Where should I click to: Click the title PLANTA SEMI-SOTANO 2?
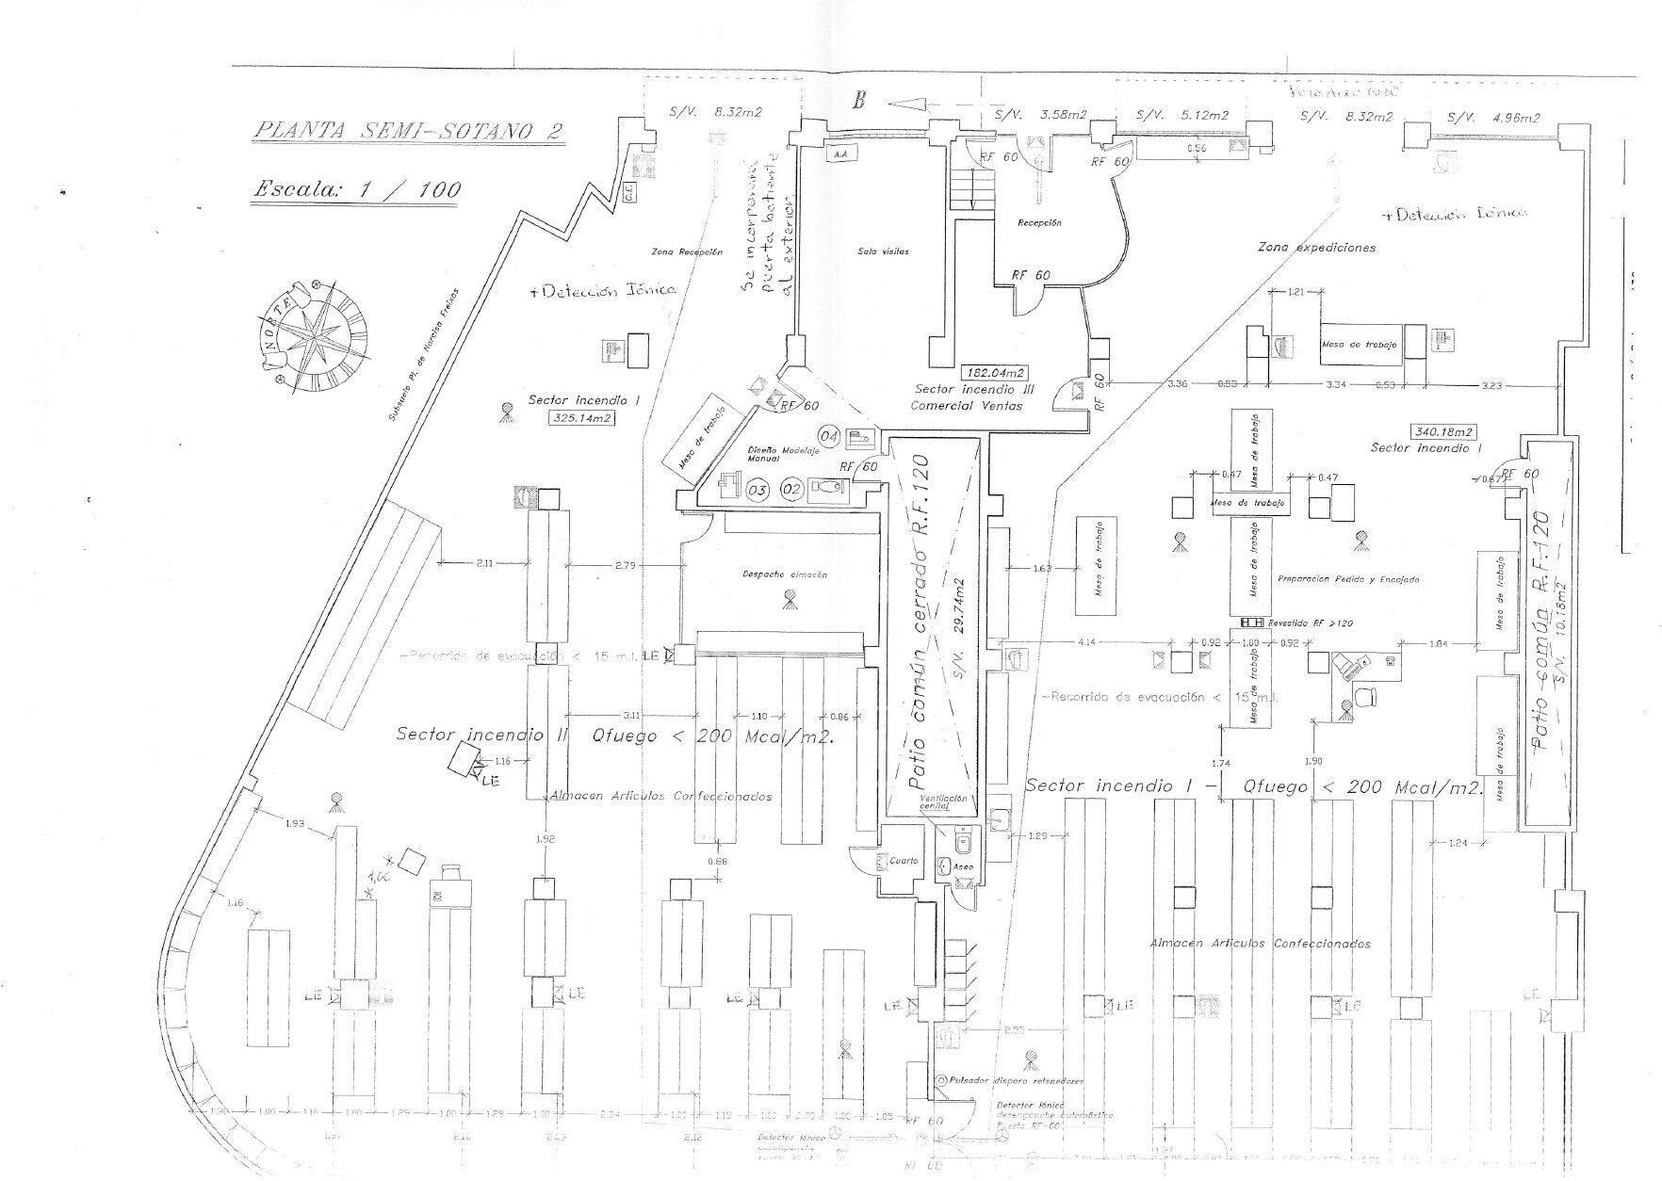point(408,130)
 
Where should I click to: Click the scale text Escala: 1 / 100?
point(357,189)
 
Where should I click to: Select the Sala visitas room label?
point(883,251)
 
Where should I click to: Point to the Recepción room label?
point(1039,223)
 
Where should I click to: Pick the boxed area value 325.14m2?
point(580,417)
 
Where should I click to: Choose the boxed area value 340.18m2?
point(1442,431)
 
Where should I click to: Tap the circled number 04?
point(829,436)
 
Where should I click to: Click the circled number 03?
point(757,490)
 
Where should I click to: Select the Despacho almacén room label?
point(785,574)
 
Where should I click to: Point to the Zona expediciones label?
point(1316,248)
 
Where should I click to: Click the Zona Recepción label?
point(687,252)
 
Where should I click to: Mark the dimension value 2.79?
point(625,564)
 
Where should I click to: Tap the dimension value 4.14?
point(1086,643)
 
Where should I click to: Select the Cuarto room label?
point(904,861)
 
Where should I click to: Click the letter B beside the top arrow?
point(858,102)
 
